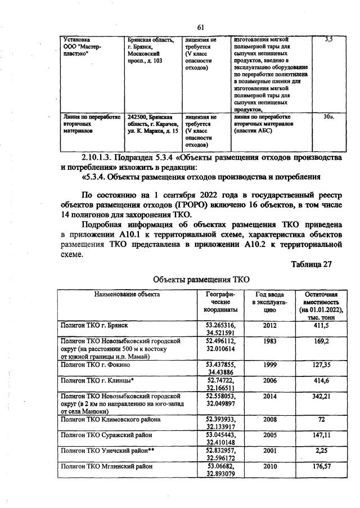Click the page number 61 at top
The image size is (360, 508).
(x=201, y=27)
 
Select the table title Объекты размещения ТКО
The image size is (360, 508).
(x=201, y=280)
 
